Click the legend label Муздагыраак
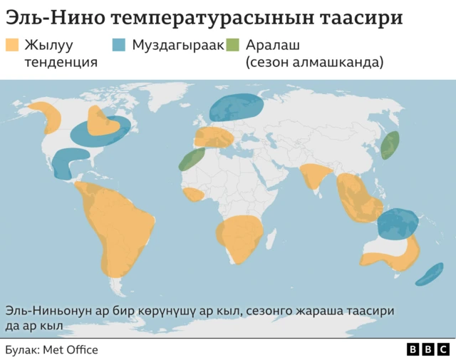coord(178,46)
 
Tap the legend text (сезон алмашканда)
coord(314,62)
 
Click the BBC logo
coord(428,349)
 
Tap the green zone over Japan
coord(389,145)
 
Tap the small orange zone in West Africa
coord(193,195)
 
